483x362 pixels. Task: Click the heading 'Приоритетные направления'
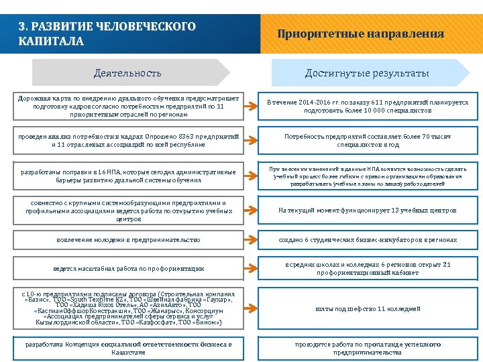point(360,34)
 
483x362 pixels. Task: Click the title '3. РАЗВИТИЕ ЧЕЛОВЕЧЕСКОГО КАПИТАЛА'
point(107,34)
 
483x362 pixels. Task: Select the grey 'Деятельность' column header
point(127,72)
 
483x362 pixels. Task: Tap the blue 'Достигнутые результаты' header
point(367,72)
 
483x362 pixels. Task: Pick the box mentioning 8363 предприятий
point(128,140)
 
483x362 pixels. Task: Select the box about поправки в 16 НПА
point(128,176)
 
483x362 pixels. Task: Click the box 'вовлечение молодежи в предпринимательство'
point(128,239)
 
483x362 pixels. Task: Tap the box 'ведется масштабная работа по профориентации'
point(128,268)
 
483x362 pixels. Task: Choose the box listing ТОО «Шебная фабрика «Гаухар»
point(128,308)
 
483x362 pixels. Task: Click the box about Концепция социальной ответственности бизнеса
point(128,348)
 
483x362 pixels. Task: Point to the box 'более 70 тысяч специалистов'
point(367,140)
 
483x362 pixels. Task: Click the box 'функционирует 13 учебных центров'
point(367,210)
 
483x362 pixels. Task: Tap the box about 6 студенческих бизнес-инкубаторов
point(367,239)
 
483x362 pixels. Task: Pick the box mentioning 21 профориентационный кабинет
point(367,268)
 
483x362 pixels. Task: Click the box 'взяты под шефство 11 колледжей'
point(367,308)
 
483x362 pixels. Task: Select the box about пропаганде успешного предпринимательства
point(367,348)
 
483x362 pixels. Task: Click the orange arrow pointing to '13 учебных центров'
point(250,210)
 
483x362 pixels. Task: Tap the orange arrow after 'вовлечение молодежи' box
point(250,239)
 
